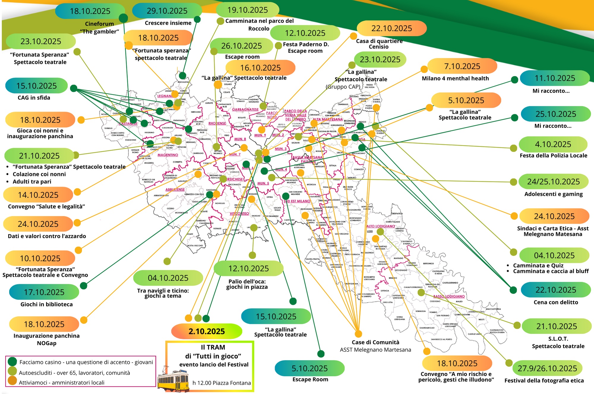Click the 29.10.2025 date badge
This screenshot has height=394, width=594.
pyautogui.click(x=167, y=11)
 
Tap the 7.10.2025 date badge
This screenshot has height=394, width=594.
pyautogui.click(x=462, y=66)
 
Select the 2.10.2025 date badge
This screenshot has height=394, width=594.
pyautogui.click(x=207, y=331)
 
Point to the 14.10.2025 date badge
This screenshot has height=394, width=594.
pyautogui.click(x=38, y=195)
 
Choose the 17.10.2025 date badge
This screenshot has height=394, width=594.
pyautogui.click(x=44, y=292)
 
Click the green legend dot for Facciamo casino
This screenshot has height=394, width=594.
pyautogui.click(x=12, y=362)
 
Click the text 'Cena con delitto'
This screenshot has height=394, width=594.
pyautogui.click(x=556, y=302)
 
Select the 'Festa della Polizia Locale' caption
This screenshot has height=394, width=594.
pyautogui.click(x=553, y=155)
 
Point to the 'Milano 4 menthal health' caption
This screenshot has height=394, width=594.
pyautogui.click(x=455, y=78)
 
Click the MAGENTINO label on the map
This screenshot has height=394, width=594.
pyautogui.click(x=168, y=155)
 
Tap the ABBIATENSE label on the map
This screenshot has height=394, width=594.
pyautogui.click(x=175, y=190)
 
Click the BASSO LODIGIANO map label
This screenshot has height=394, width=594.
pyautogui.click(x=449, y=296)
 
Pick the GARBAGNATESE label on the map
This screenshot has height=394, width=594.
pyautogui.click(x=245, y=109)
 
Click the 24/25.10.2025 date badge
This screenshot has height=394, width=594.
pyautogui.click(x=553, y=182)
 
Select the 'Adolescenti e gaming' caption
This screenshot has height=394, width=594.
pyautogui.click(x=553, y=194)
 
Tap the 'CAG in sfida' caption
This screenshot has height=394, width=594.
pyautogui.click(x=34, y=98)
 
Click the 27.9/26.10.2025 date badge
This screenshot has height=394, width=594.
pyautogui.click(x=547, y=368)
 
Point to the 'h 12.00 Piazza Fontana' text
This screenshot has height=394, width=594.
pyautogui.click(x=222, y=383)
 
